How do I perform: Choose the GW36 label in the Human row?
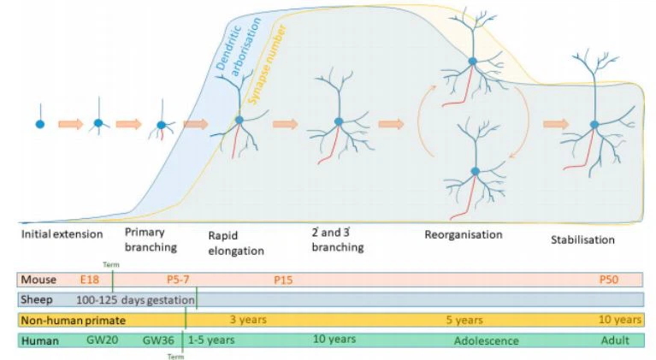pos(159,340)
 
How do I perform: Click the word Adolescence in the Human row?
pos(486,340)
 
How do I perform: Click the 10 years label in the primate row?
pos(620,320)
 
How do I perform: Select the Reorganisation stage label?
pos(463,233)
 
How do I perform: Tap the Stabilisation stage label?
pos(582,239)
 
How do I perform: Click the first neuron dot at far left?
pos(39,124)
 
